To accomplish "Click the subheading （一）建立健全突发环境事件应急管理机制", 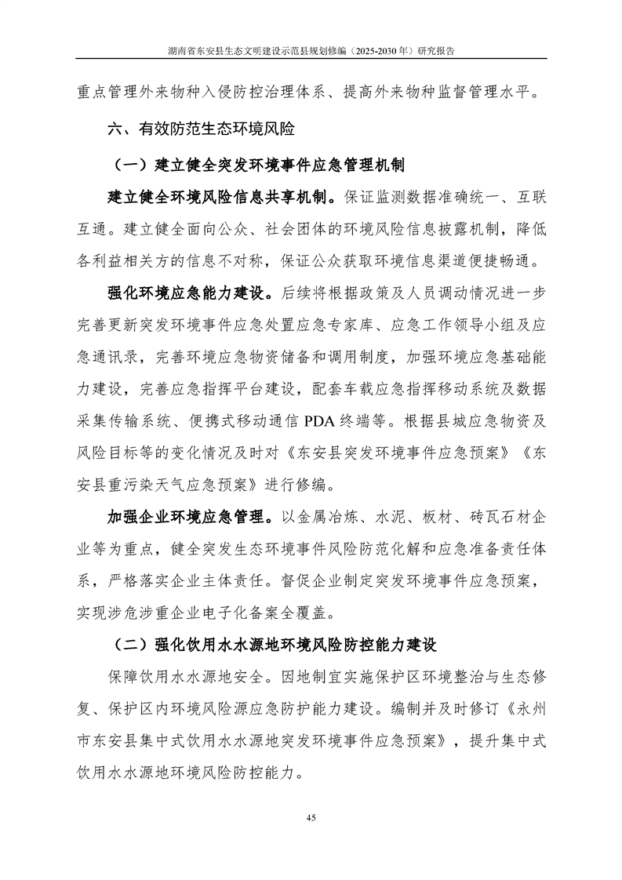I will point(260,165).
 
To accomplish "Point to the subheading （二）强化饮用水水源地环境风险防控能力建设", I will point(275,645).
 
